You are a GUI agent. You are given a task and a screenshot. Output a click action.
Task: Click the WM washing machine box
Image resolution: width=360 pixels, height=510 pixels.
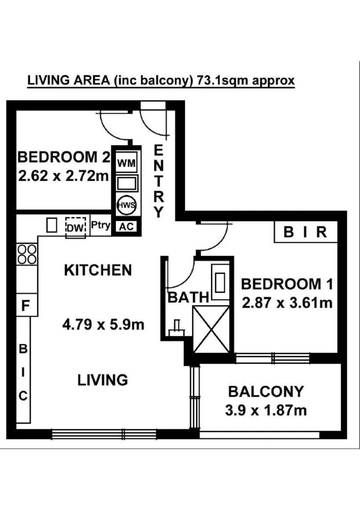click(x=126, y=163)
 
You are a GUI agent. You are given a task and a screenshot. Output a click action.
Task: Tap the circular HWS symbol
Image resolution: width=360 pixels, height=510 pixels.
click(x=126, y=204)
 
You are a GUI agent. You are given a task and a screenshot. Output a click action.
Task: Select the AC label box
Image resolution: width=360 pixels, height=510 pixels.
click(x=126, y=227)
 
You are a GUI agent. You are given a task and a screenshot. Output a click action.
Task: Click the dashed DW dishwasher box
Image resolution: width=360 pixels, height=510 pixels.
click(x=75, y=226)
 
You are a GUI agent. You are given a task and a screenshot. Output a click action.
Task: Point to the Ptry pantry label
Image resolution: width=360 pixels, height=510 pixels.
click(x=100, y=225)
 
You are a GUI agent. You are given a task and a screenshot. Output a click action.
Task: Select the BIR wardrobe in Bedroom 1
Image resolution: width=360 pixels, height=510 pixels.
click(x=306, y=232)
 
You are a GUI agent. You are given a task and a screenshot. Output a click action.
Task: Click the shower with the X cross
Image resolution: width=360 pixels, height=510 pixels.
click(x=211, y=329)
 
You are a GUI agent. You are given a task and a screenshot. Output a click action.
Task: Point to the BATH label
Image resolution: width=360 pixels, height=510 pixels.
click(x=188, y=297)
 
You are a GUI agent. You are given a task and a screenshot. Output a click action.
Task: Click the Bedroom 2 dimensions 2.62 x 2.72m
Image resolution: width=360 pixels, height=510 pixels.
click(x=63, y=176)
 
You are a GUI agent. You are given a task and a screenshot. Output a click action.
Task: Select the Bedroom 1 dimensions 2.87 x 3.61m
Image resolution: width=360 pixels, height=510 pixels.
click(x=287, y=302)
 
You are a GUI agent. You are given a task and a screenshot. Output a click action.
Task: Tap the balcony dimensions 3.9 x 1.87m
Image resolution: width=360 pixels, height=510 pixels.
click(x=266, y=410)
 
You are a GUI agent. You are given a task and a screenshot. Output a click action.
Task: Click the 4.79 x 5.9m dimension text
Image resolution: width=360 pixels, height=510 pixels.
click(x=103, y=325)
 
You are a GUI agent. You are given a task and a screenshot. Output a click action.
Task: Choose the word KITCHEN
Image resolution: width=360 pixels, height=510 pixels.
click(x=98, y=271)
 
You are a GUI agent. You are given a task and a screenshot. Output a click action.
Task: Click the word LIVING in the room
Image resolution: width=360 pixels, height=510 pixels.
click(x=102, y=380)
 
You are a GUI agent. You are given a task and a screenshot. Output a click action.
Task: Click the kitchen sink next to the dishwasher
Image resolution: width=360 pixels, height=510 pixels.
click(x=51, y=225)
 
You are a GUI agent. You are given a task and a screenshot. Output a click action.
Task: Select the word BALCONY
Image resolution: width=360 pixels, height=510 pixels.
click(x=265, y=391)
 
